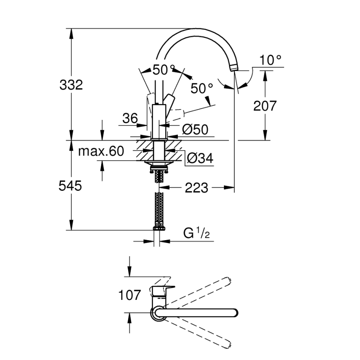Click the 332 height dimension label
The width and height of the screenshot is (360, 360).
pyautogui.click(x=71, y=85)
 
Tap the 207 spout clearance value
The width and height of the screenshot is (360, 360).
pyautogui.click(x=265, y=106)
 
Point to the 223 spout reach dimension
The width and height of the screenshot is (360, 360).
pyautogui.click(x=196, y=188)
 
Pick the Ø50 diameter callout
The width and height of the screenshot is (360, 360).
pyautogui.click(x=195, y=130)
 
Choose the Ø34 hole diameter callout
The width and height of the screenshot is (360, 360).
pyautogui.click(x=199, y=158)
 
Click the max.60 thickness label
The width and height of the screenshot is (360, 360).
pyautogui.click(x=101, y=151)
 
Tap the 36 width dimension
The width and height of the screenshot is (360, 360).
pyautogui.click(x=130, y=119)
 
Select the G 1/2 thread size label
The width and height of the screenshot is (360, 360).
pyautogui.click(x=197, y=234)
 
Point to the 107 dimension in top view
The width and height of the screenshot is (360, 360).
pyautogui.click(x=130, y=295)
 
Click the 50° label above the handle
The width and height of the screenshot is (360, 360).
pyautogui.click(x=164, y=70)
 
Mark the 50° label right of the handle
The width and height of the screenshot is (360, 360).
pyautogui.click(x=202, y=88)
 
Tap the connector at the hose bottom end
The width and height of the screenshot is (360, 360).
pyautogui.click(x=159, y=228)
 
